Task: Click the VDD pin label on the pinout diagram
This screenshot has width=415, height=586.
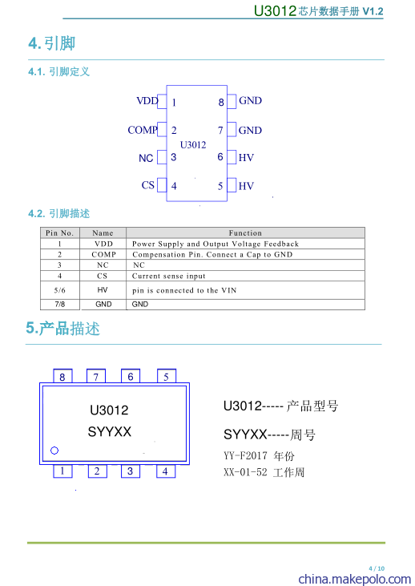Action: click(147, 100)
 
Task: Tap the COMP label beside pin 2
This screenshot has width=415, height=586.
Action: click(143, 130)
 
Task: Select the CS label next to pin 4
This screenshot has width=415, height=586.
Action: click(148, 185)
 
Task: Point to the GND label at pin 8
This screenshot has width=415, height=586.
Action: click(250, 100)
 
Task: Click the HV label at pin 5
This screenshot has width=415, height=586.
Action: click(246, 186)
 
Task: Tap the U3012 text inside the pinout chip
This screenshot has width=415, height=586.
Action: click(193, 144)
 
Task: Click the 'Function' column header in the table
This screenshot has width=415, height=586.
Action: click(245, 232)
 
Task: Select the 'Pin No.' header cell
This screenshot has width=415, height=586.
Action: click(60, 232)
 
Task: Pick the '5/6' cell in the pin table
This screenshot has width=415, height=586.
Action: click(60, 290)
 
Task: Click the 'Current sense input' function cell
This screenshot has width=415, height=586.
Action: click(169, 276)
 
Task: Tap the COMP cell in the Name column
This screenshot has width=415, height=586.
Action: click(103, 254)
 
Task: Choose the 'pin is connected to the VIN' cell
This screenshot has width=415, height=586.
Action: click(184, 290)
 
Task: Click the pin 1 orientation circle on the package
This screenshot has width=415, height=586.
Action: click(54, 451)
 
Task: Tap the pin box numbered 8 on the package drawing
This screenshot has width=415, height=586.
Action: click(62, 376)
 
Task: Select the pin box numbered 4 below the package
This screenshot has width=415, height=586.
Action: click(166, 471)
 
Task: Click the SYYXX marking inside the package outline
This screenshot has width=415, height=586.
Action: click(110, 431)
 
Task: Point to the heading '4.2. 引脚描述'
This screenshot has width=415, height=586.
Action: click(59, 213)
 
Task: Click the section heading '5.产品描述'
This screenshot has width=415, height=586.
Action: click(63, 328)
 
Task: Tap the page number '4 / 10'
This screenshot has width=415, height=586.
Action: click(377, 568)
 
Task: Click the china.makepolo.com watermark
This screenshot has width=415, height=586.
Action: click(355, 579)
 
